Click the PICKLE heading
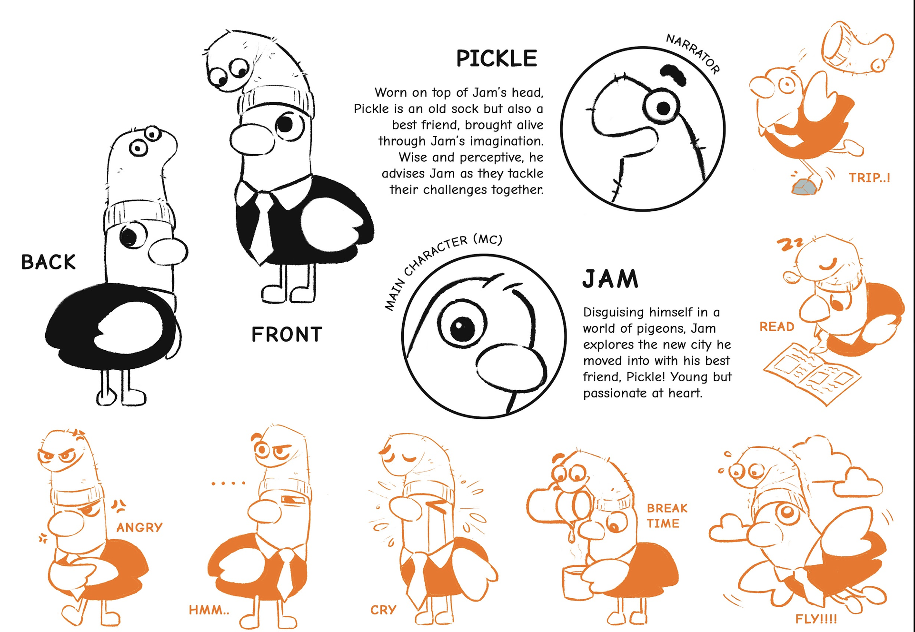(497, 59)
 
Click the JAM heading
(610, 279)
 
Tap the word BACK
(48, 262)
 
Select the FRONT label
(287, 335)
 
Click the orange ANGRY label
(139, 527)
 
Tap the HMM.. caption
(209, 610)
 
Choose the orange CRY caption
(383, 610)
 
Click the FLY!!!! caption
(816, 619)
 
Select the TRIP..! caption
(869, 178)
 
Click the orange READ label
(777, 326)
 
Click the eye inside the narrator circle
(662, 108)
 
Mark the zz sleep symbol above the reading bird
(790, 245)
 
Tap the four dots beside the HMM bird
(229, 484)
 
